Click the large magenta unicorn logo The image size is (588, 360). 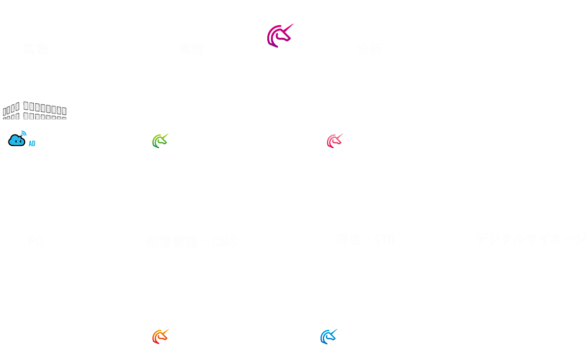click(x=279, y=36)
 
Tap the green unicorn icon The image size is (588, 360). click(x=159, y=141)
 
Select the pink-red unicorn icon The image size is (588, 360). click(x=334, y=141)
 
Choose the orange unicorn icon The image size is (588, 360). click(x=160, y=337)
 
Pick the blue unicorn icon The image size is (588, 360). click(x=328, y=337)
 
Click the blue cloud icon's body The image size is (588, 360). click(x=17, y=140)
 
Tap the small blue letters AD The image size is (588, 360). click(x=32, y=144)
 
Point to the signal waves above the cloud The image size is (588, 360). click(x=24, y=133)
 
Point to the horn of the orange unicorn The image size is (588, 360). click(x=165, y=331)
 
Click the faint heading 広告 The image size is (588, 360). click(x=35, y=49)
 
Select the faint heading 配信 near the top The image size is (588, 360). click(x=192, y=49)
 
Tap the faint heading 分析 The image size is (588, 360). click(x=369, y=49)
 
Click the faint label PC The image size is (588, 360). click(x=35, y=242)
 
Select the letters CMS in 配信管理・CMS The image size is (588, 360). click(x=224, y=242)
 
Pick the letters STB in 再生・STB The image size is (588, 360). click(x=384, y=240)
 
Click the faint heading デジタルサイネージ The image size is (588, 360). click(x=531, y=239)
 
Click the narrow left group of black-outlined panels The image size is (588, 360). click(x=11, y=111)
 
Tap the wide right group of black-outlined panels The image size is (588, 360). click(x=45, y=111)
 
